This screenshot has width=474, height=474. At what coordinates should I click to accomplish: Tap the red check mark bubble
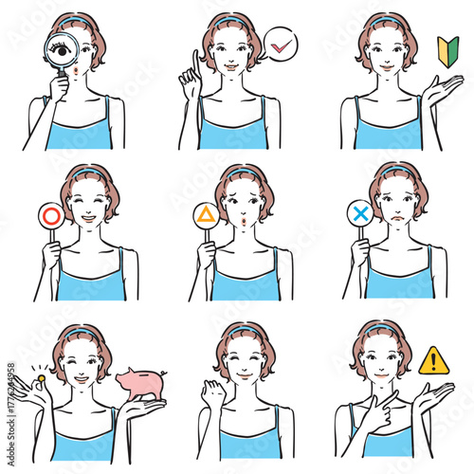pos(280,44)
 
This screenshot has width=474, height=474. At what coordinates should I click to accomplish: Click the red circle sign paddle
pos(49,216)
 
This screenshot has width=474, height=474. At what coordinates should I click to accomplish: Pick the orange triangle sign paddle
pos(206,215)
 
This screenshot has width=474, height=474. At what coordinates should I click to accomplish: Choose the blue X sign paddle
pos(360,215)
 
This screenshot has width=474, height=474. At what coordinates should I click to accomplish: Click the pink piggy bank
pos(139,382)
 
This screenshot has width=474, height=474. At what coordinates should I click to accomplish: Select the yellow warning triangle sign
pos(433,360)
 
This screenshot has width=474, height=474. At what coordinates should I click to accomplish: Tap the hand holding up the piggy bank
pos(139,407)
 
